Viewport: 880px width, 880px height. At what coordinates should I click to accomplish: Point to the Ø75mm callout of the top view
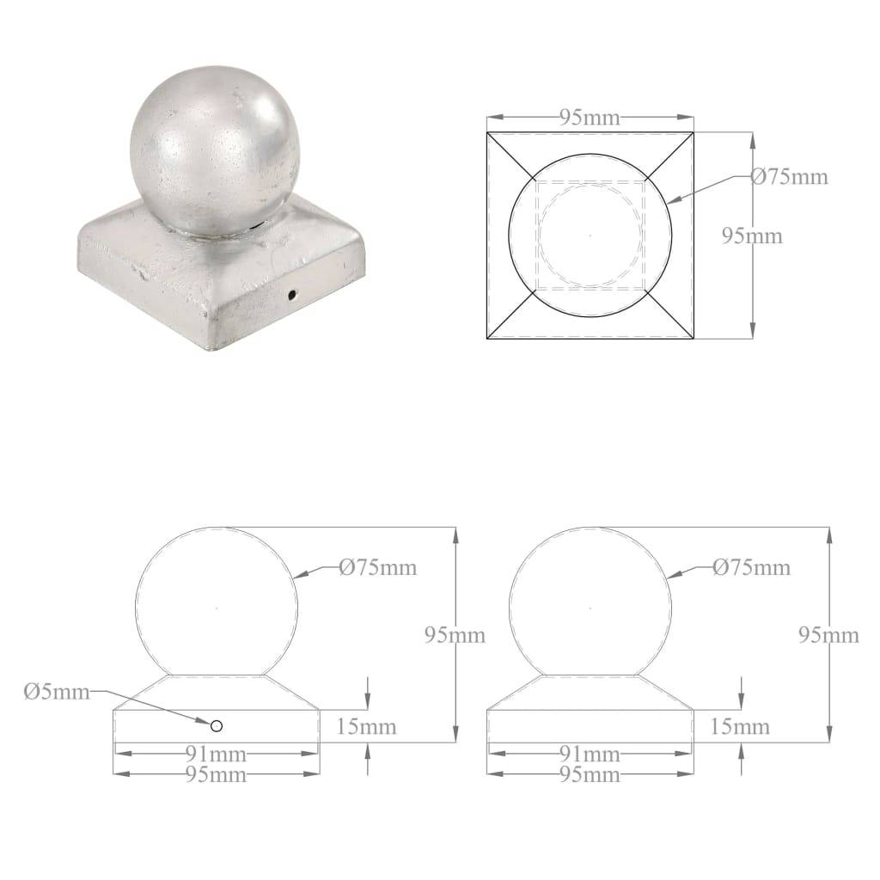point(789,177)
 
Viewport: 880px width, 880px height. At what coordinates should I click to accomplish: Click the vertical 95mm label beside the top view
point(753,235)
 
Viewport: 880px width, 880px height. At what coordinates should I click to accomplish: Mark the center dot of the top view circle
point(590,234)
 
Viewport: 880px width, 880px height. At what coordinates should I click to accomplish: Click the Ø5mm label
point(57,693)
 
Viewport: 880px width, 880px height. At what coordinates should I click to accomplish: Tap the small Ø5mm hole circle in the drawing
point(217,726)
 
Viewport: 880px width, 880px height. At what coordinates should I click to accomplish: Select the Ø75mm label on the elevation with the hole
point(377,568)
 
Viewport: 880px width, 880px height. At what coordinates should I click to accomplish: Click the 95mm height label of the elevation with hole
point(455,635)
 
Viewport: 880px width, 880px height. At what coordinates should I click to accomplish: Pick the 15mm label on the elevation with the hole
point(368,727)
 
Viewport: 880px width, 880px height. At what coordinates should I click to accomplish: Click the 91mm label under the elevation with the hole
point(217,755)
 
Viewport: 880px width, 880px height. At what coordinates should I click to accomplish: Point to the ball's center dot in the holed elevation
point(217,608)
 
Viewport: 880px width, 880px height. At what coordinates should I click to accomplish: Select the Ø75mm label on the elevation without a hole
point(750,568)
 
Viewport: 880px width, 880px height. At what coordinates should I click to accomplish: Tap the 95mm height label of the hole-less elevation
point(828,635)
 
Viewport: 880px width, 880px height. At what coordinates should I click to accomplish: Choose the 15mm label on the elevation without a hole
point(741,727)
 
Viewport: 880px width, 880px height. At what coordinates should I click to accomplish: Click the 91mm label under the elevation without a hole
point(590,755)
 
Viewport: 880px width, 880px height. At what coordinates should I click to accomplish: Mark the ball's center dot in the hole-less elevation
point(590,608)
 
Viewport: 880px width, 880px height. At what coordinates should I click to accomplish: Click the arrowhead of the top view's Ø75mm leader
point(669,200)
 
